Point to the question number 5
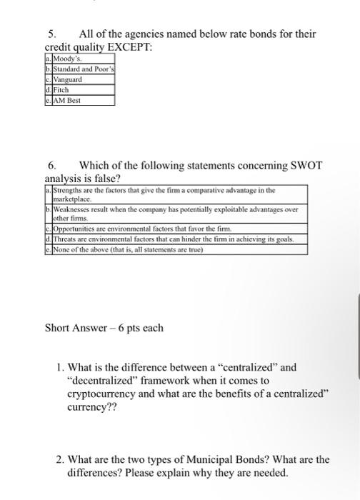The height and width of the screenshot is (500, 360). (x=51, y=34)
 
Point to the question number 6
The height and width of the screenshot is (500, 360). (x=51, y=165)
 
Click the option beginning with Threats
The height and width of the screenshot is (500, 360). (x=171, y=239)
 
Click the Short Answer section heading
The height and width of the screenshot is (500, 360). (x=104, y=328)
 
